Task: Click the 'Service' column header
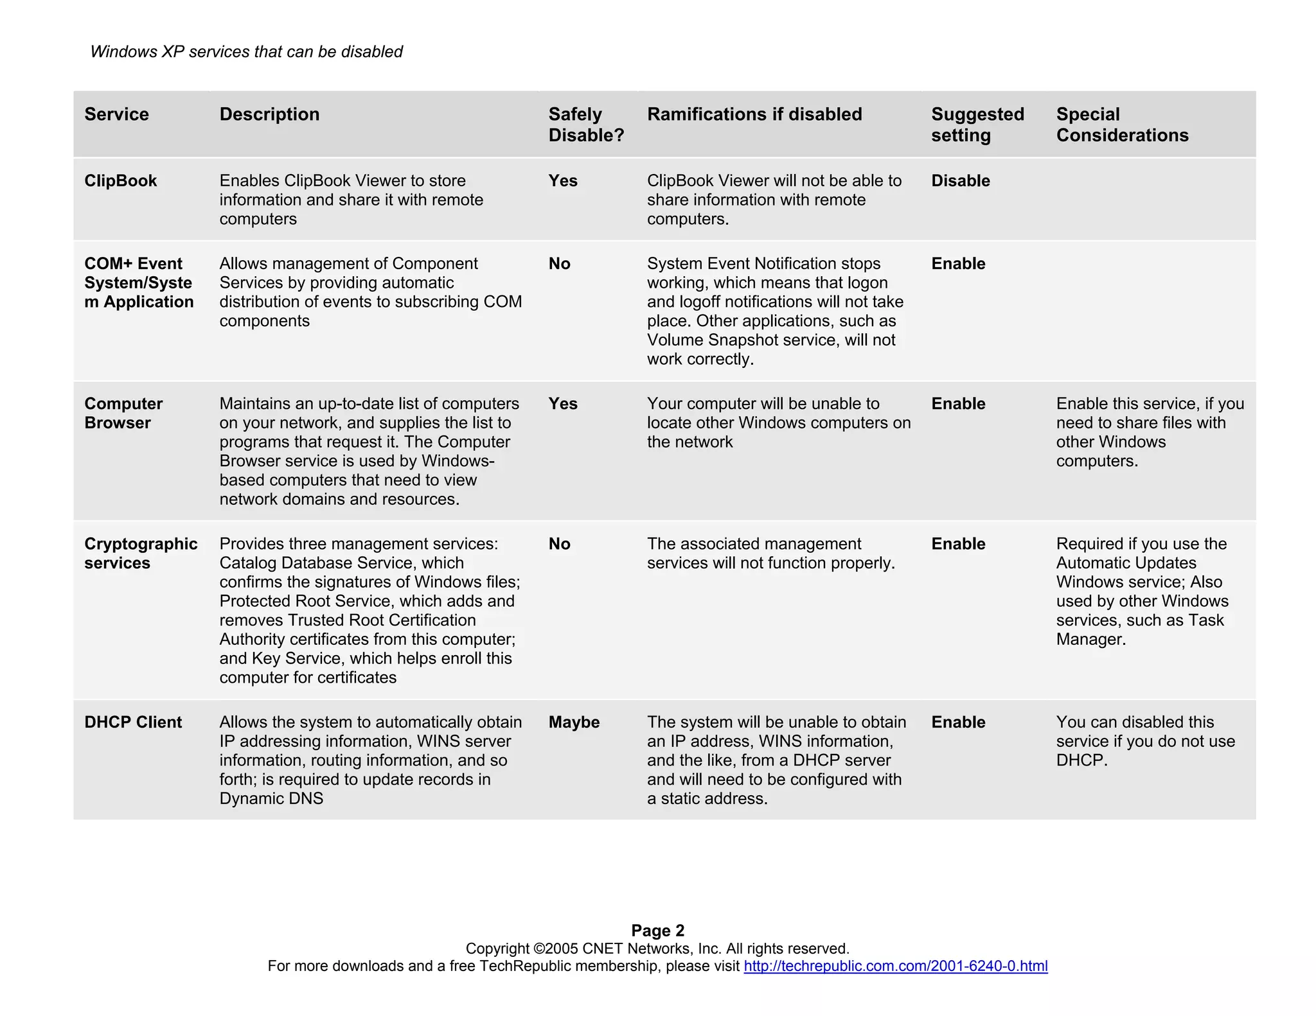tap(116, 114)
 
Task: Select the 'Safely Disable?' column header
tap(585, 125)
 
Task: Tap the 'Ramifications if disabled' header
tap(754, 114)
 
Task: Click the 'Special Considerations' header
tap(1121, 125)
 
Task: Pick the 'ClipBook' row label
tap(120, 181)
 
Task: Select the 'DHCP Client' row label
tap(133, 723)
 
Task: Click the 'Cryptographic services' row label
tap(140, 554)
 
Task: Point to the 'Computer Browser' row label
tap(123, 414)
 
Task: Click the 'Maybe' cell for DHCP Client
tap(573, 723)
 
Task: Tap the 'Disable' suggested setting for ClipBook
tap(960, 181)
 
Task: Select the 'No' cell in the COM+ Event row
tap(559, 264)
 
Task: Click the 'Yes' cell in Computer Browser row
tap(562, 404)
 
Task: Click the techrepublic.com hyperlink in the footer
tap(895, 966)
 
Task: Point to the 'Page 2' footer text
tap(657, 931)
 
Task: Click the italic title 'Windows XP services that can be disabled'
tap(246, 52)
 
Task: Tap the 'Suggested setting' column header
tap(977, 125)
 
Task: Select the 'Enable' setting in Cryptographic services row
tap(957, 544)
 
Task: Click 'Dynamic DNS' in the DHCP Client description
tap(271, 799)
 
